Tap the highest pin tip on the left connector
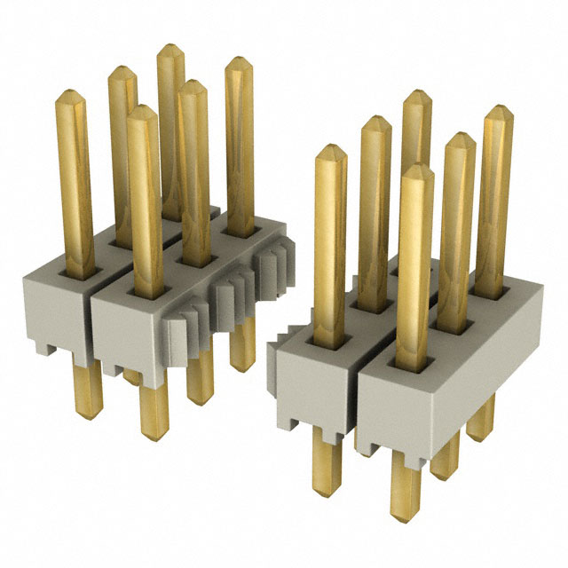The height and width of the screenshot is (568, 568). click(x=169, y=49)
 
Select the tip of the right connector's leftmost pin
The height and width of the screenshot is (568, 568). click(x=329, y=149)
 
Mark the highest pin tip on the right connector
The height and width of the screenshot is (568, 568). click(x=415, y=95)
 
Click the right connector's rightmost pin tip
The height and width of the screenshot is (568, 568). click(x=498, y=111)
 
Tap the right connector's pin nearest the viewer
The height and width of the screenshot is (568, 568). click(x=414, y=169)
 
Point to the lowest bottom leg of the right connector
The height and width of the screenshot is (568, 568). click(x=405, y=506)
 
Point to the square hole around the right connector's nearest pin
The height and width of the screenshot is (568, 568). click(x=414, y=364)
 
